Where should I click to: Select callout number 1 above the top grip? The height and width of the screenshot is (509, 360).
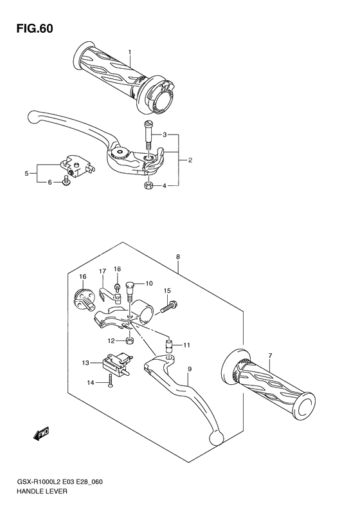[129, 52]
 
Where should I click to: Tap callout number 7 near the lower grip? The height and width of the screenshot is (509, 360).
[270, 356]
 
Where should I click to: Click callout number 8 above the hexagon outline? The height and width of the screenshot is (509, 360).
[177, 257]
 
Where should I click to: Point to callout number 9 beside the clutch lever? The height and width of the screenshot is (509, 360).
[190, 369]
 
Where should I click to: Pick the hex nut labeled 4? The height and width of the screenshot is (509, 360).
[147, 186]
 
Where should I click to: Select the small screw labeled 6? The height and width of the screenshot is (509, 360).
[65, 183]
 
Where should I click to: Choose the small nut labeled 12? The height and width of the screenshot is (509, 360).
[129, 340]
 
